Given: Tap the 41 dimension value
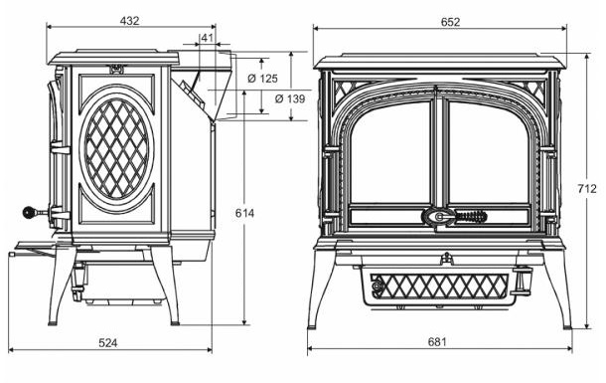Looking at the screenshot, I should [207, 39].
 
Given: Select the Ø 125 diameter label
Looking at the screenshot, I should [262, 77].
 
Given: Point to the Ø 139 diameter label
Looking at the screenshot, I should [262, 98].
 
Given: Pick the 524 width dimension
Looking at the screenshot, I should [108, 342].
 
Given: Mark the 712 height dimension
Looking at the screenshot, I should [588, 188].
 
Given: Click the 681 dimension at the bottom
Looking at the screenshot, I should [436, 342].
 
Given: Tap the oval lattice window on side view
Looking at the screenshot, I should [117, 148].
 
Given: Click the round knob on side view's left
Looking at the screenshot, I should [30, 212].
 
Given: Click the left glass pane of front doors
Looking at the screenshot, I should [389, 154].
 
